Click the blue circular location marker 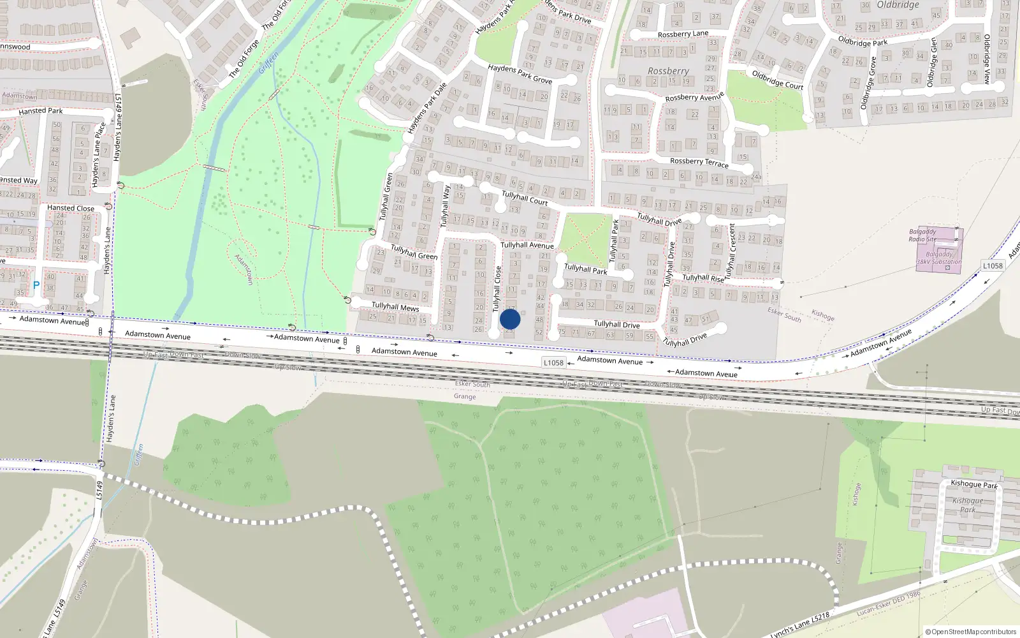tap(510, 319)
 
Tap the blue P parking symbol tap(36, 285)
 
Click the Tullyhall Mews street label tap(395, 307)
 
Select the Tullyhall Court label tap(525, 198)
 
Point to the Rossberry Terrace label tap(699, 162)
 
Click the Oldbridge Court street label tap(777, 80)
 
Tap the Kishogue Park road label tap(973, 484)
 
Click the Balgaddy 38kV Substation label tap(938, 258)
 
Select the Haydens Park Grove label tap(520, 74)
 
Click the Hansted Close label tap(71, 208)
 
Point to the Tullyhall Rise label tap(703, 278)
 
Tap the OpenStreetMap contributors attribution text tap(971, 632)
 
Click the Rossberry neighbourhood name tap(668, 71)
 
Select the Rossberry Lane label tap(683, 34)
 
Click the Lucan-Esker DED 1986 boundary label tap(889, 604)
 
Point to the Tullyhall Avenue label tap(527, 245)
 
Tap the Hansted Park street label tap(41, 111)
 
